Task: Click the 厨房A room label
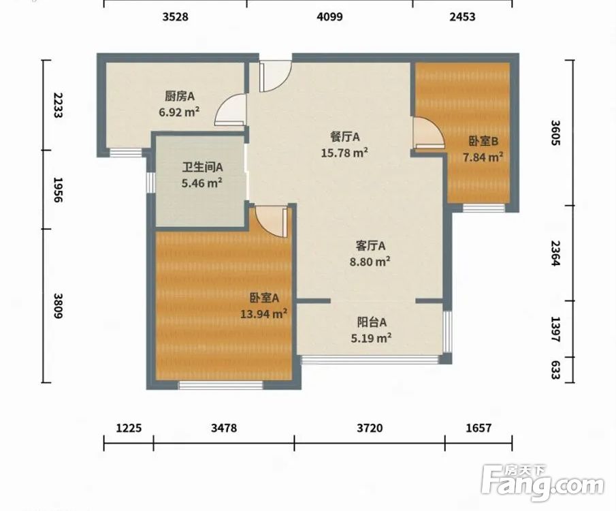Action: [180, 96]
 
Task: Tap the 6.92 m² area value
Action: [179, 112]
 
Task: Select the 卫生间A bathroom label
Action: [202, 168]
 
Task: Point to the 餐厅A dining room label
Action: [345, 137]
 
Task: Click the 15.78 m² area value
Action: [344, 152]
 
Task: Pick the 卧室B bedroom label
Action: [483, 141]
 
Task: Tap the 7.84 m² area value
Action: [483, 157]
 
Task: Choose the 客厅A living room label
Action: [370, 246]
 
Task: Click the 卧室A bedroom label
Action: [264, 298]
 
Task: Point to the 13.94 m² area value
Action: [263, 314]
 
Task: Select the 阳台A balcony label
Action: [372, 322]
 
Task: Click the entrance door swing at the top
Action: [275, 76]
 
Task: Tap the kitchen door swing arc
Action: [231, 110]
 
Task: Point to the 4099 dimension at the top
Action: [330, 16]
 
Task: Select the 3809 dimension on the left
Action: [57, 306]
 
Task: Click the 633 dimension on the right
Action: [555, 370]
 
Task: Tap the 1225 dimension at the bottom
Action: [129, 428]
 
